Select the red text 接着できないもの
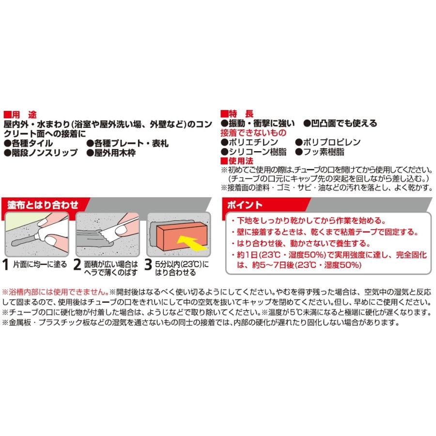[x=253, y=132]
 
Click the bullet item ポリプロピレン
[x=332, y=142]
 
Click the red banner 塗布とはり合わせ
[x=43, y=204]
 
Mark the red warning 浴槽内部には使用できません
[x=55, y=292]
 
